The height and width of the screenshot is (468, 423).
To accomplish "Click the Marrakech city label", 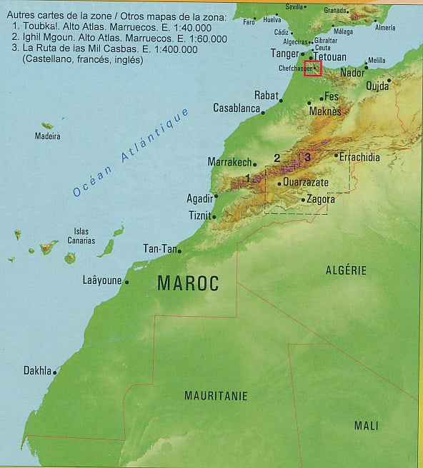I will pos(229,162).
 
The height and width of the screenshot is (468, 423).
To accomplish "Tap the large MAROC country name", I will pos(187,283).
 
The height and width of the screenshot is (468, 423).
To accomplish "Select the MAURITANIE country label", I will pos(216,395).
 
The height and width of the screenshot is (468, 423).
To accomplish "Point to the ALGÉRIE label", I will pos(346,270).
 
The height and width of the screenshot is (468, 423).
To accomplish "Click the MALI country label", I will pos(367,425).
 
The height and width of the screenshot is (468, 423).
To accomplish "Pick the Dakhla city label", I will pos(37,371).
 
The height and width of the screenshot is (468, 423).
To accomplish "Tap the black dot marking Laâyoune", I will pos(127,283).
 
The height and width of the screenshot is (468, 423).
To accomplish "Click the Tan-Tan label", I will pos(159,249).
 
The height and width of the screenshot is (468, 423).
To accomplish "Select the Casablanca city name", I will pos(236,108).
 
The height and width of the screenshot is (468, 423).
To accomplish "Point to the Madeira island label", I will pos(49,136).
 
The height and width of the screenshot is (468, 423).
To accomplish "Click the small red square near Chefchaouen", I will pos(313,68).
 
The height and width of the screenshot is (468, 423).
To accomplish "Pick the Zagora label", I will pos(320,200).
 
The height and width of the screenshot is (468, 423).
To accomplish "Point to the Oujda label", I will pos(377,86).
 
